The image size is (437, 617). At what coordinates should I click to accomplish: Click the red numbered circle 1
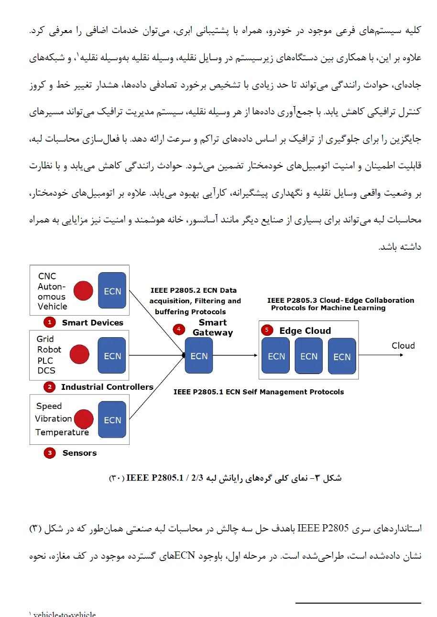click(50, 322)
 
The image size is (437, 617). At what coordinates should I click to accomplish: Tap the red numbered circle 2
click(49, 386)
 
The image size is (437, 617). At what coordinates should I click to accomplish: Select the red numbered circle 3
click(50, 452)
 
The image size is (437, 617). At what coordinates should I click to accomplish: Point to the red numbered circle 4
click(179, 329)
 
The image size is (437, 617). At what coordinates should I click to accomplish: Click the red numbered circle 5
click(267, 330)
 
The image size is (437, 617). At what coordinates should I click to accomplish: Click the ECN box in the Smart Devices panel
click(112, 290)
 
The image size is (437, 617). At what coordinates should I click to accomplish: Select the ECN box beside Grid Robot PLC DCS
click(112, 355)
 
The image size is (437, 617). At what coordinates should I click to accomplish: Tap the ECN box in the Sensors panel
click(112, 419)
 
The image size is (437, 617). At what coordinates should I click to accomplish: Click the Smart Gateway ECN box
click(199, 355)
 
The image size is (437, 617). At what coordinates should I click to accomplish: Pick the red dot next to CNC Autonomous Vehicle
click(83, 290)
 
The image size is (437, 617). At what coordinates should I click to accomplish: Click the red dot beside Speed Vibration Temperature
click(84, 419)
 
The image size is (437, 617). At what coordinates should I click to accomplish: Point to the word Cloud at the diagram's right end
click(403, 346)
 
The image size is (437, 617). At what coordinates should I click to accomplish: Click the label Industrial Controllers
click(107, 387)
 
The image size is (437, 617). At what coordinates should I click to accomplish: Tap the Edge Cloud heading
click(305, 331)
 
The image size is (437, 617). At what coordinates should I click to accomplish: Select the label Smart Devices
click(92, 323)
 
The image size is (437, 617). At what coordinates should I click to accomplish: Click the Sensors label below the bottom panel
click(79, 453)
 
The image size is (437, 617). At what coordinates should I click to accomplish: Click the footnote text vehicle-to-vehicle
click(65, 614)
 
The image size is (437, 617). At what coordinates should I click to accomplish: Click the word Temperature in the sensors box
click(62, 432)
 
